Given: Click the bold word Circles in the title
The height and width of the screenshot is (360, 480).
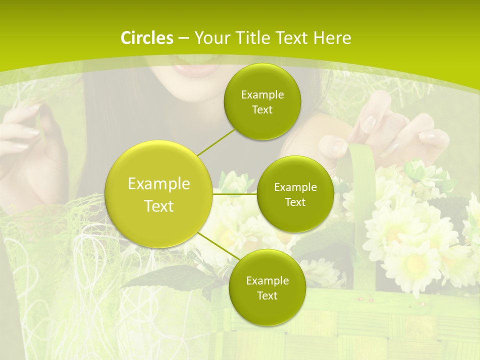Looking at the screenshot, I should pyautogui.click(x=147, y=38).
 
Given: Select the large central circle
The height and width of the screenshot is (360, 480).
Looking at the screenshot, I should pyautogui.click(x=158, y=194).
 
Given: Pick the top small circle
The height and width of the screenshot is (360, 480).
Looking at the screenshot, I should pyautogui.click(x=262, y=101).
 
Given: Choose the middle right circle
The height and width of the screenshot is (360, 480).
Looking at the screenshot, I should pyautogui.click(x=295, y=194).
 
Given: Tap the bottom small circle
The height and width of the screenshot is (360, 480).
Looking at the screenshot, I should pyautogui.click(x=267, y=287).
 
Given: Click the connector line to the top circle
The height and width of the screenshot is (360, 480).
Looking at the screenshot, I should pyautogui.click(x=216, y=142).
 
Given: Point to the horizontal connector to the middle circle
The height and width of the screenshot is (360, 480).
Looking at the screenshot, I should pyautogui.click(x=234, y=194).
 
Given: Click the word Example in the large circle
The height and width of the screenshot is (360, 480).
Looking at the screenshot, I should pyautogui.click(x=158, y=184).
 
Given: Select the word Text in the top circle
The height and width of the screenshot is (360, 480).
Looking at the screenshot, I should pyautogui.click(x=262, y=110).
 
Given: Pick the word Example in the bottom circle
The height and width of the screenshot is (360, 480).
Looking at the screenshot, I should pyautogui.click(x=267, y=280).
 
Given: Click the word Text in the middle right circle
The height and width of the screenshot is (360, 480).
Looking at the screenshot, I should pyautogui.click(x=295, y=202).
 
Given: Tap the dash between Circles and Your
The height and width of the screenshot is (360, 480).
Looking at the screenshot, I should pyautogui.click(x=183, y=38).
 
